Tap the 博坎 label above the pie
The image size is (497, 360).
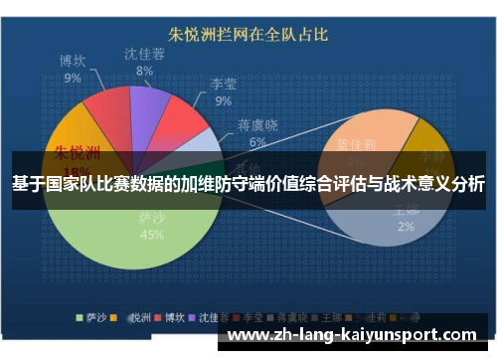[x=74, y=61]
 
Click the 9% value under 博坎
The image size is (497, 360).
[x=73, y=77]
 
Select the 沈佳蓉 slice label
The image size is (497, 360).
[x=145, y=54]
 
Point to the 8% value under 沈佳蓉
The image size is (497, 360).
[x=145, y=71]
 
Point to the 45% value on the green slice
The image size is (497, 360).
[x=152, y=236]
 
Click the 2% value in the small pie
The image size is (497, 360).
[x=406, y=227]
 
